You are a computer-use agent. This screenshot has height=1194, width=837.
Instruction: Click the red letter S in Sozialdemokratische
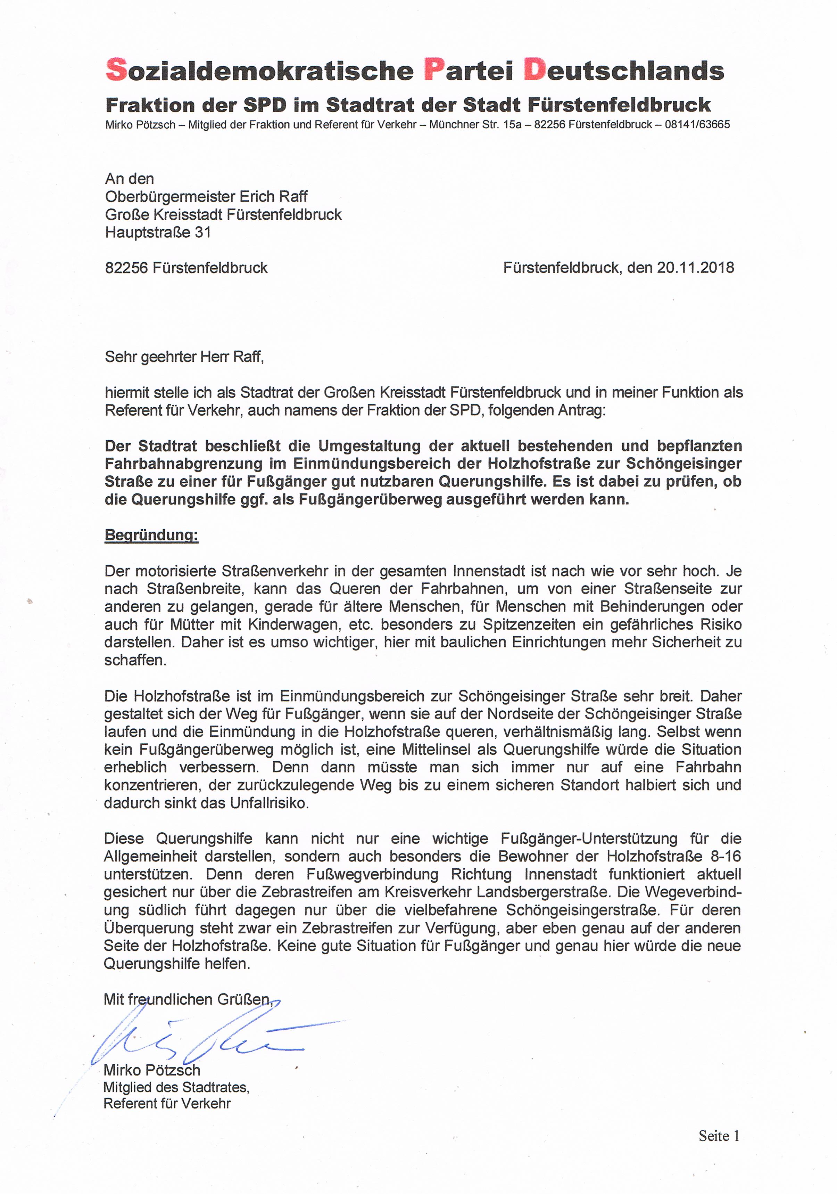pos(116,70)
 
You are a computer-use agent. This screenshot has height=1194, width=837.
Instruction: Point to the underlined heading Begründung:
pos(151,535)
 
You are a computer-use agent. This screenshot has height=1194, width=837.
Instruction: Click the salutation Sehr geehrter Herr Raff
pos(184,357)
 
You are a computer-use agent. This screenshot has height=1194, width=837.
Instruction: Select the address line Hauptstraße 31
pos(158,232)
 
